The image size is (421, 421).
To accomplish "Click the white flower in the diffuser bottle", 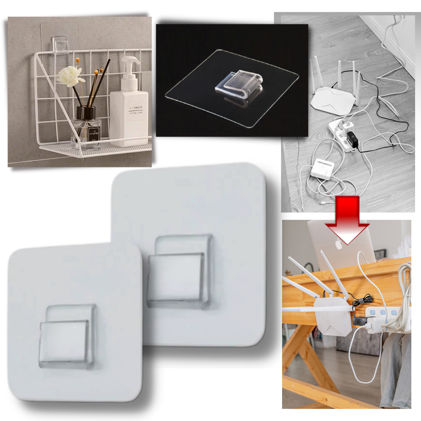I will click(x=70, y=76).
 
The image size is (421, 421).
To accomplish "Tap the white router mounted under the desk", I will click(x=333, y=316).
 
